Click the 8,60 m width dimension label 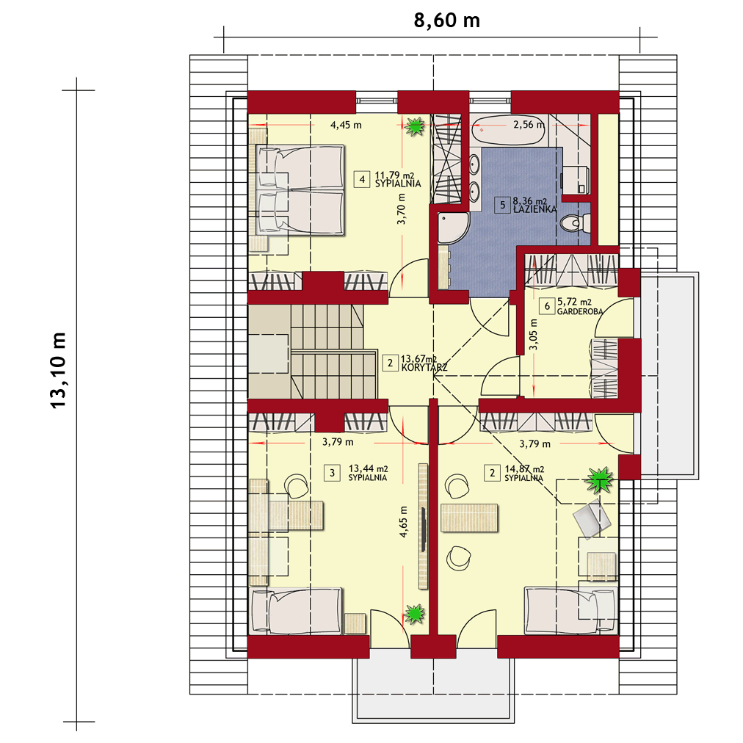(447, 21)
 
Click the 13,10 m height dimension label (59, 370)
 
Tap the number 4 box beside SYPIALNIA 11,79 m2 (362, 180)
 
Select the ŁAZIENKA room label (535, 209)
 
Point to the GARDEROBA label (580, 312)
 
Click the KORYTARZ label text (424, 368)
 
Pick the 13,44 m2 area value (368, 468)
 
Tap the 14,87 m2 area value (524, 469)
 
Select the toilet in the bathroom (574, 222)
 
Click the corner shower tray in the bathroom (453, 228)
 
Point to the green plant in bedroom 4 (416, 126)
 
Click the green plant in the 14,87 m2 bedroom (600, 481)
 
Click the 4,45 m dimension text (346, 125)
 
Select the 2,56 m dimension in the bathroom (529, 125)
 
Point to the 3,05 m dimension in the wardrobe (534, 334)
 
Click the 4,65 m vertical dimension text (403, 522)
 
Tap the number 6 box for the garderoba (547, 306)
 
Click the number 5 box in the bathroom (503, 205)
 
